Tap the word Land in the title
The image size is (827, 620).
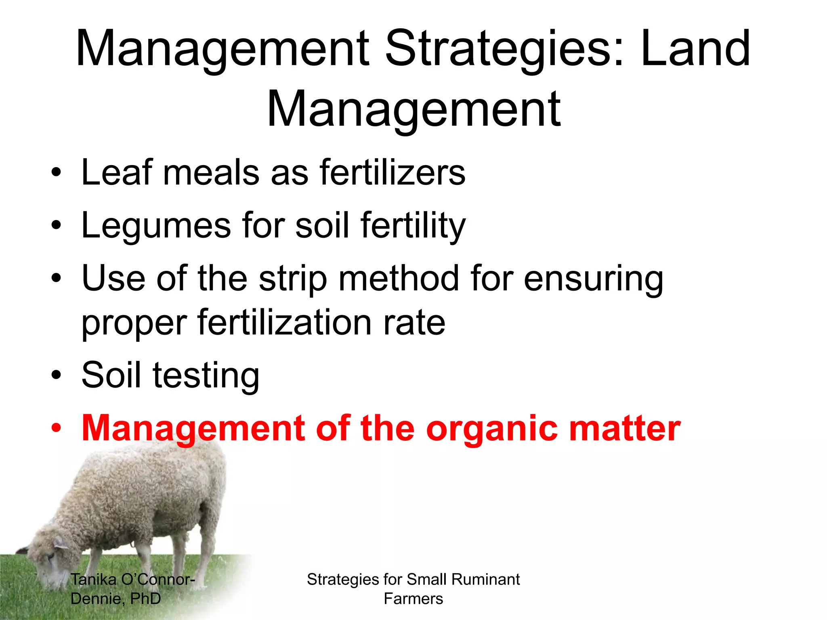(695, 49)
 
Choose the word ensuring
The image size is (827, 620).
(593, 279)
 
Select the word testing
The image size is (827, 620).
(206, 375)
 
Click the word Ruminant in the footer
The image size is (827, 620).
(485, 579)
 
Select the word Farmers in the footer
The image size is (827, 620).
(413, 599)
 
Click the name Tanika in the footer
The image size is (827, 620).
(94, 579)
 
